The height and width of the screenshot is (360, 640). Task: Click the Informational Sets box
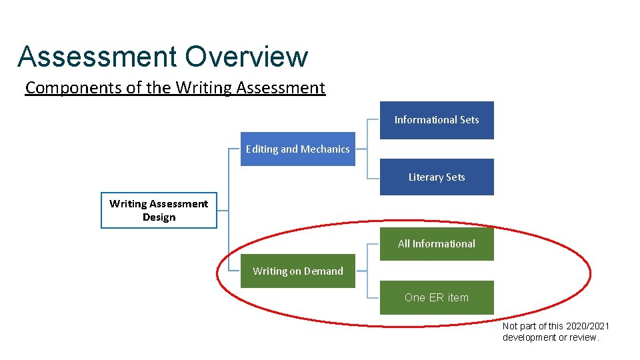point(437,120)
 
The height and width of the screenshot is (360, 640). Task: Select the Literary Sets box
point(437,177)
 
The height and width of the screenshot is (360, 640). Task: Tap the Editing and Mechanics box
point(297,149)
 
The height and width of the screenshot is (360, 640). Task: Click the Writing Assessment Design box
point(159,210)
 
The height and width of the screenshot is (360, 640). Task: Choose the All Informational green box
point(437,243)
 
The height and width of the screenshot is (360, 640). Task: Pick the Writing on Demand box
point(297,271)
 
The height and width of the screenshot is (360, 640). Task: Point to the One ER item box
point(437,297)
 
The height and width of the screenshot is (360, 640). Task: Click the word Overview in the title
point(246,57)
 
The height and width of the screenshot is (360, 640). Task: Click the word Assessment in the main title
point(97,57)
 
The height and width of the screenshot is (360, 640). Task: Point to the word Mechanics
point(325,149)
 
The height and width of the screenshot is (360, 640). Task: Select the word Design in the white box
point(159,217)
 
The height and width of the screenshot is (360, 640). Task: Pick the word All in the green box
point(404,243)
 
